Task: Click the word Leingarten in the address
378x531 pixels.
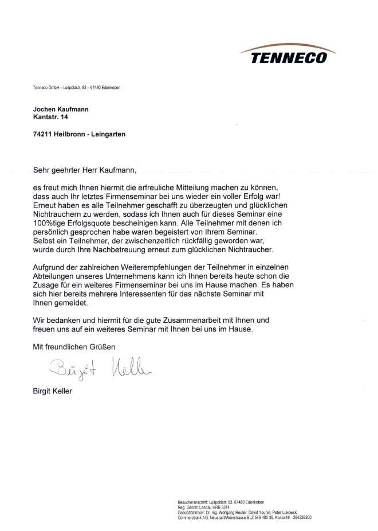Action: coord(108,134)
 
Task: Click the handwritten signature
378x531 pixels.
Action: coord(100,369)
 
